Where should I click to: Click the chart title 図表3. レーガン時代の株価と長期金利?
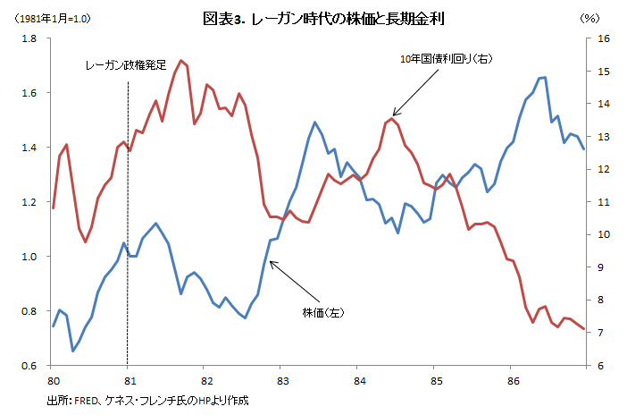323,19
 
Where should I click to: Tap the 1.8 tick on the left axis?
29,38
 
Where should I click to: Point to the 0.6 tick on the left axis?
29,365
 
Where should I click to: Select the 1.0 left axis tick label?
29,257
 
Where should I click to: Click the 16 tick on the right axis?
604,38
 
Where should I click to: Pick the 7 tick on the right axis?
600,333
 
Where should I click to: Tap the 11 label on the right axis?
604,202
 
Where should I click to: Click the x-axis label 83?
283,380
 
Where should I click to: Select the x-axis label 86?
514,380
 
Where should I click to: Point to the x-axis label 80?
54,380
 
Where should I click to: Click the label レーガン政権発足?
126,65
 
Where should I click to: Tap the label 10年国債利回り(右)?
447,59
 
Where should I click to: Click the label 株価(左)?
323,312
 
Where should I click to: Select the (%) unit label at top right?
589,19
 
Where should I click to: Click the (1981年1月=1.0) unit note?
53,19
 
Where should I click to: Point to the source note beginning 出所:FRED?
147,400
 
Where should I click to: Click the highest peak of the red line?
181,61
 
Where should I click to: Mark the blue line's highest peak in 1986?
545,77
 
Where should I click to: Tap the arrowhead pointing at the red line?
395,114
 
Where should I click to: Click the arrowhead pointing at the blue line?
272,263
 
